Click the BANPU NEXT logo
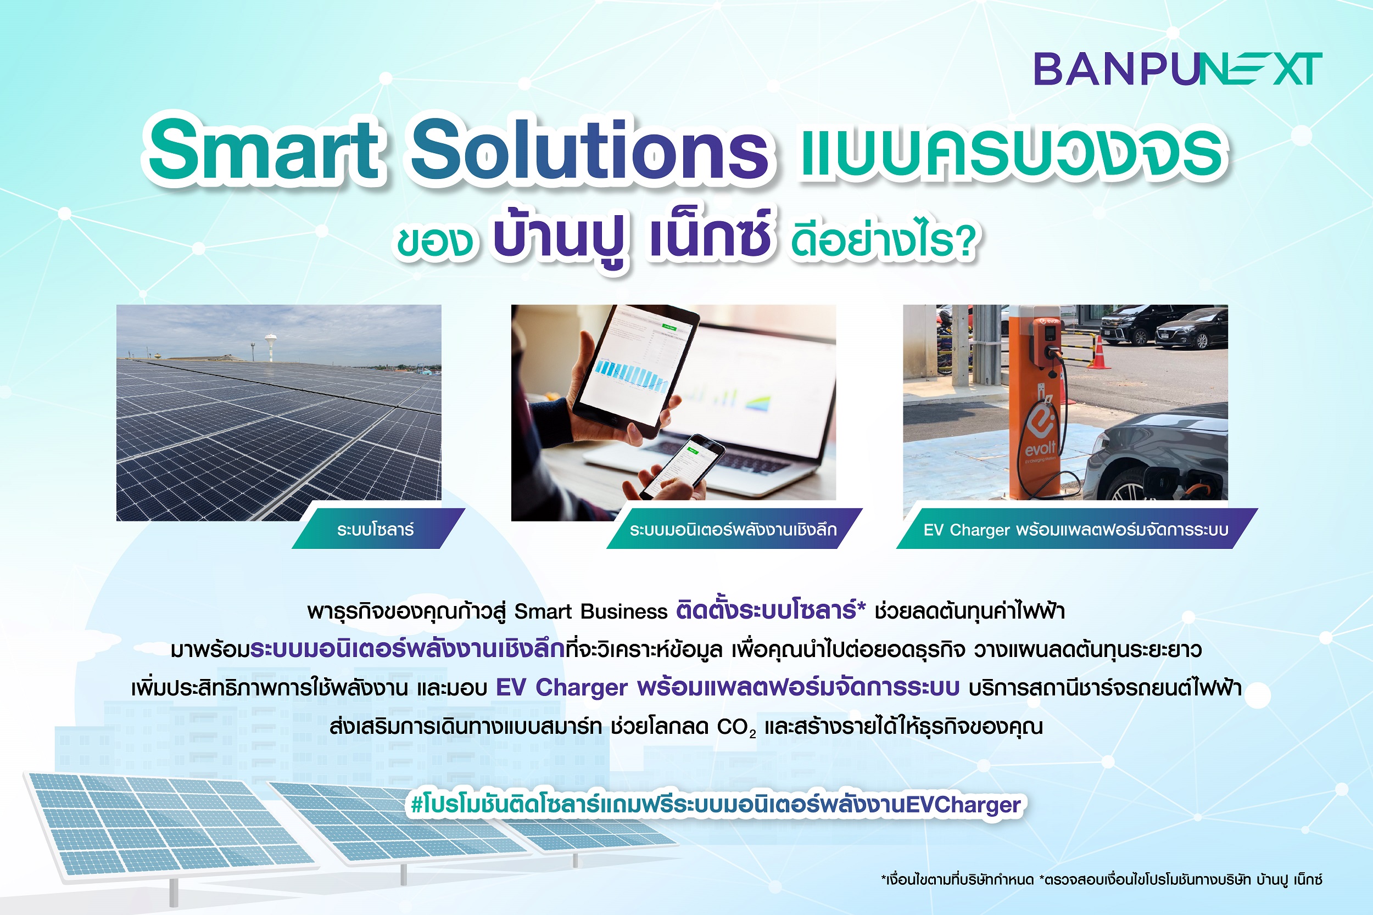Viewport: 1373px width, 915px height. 1177,69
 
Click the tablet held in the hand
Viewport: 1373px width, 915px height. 633,371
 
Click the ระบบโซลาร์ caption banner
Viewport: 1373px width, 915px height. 378,529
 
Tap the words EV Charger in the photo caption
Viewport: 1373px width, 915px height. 966,530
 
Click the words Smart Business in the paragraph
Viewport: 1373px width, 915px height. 591,611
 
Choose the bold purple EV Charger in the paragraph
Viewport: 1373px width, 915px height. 562,688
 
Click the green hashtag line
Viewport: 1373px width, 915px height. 716,805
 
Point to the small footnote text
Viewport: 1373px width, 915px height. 1102,879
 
